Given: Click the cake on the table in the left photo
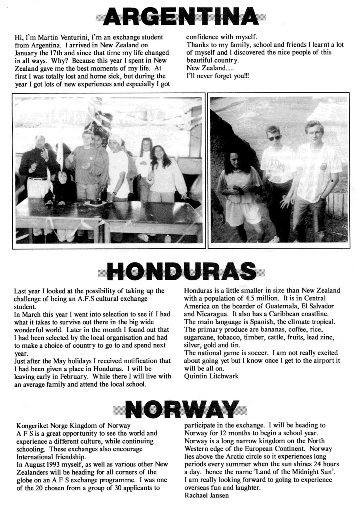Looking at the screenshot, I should click(x=93, y=202).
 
